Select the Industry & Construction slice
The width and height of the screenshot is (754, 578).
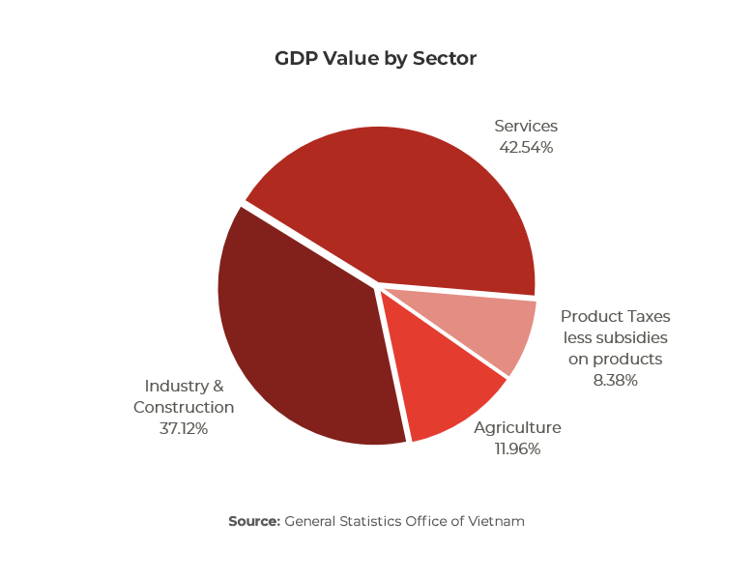tap(300, 338)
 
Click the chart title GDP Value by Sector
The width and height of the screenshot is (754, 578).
tap(375, 59)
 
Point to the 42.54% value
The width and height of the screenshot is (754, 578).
tap(526, 148)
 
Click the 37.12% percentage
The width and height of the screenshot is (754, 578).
tap(184, 428)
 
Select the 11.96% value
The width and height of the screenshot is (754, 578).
tap(516, 448)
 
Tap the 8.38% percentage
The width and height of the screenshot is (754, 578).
tap(615, 380)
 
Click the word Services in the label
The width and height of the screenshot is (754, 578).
tap(526, 127)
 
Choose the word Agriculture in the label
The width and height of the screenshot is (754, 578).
tap(517, 428)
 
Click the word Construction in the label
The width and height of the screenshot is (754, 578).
tap(184, 407)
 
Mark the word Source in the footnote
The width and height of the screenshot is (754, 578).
tap(253, 521)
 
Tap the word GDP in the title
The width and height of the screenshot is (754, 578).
tap(295, 59)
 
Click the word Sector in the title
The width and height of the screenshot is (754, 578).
tap(445, 59)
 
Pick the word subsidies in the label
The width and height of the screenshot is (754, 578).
tap(632, 337)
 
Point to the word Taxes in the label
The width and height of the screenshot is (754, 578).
tap(646, 316)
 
